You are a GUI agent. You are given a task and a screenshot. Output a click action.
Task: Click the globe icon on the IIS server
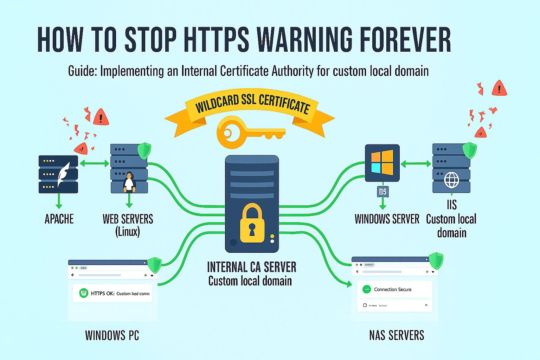(x=451, y=180)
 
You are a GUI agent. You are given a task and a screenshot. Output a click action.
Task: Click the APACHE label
(x=59, y=219)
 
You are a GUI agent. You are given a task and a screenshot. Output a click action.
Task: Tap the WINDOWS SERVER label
(x=387, y=219)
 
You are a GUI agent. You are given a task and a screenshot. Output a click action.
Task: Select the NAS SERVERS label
(x=397, y=335)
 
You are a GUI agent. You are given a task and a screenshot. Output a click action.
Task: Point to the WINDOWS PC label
(x=112, y=335)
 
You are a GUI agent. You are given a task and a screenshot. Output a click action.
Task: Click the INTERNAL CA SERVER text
(x=252, y=267)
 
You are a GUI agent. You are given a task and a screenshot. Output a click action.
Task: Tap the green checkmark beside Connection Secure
(x=367, y=289)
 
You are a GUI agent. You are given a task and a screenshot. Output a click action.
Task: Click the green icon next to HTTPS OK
(x=84, y=293)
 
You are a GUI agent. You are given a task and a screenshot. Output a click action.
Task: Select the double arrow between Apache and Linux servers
(x=95, y=163)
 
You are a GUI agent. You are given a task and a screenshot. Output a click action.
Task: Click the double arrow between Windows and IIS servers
(x=416, y=163)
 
